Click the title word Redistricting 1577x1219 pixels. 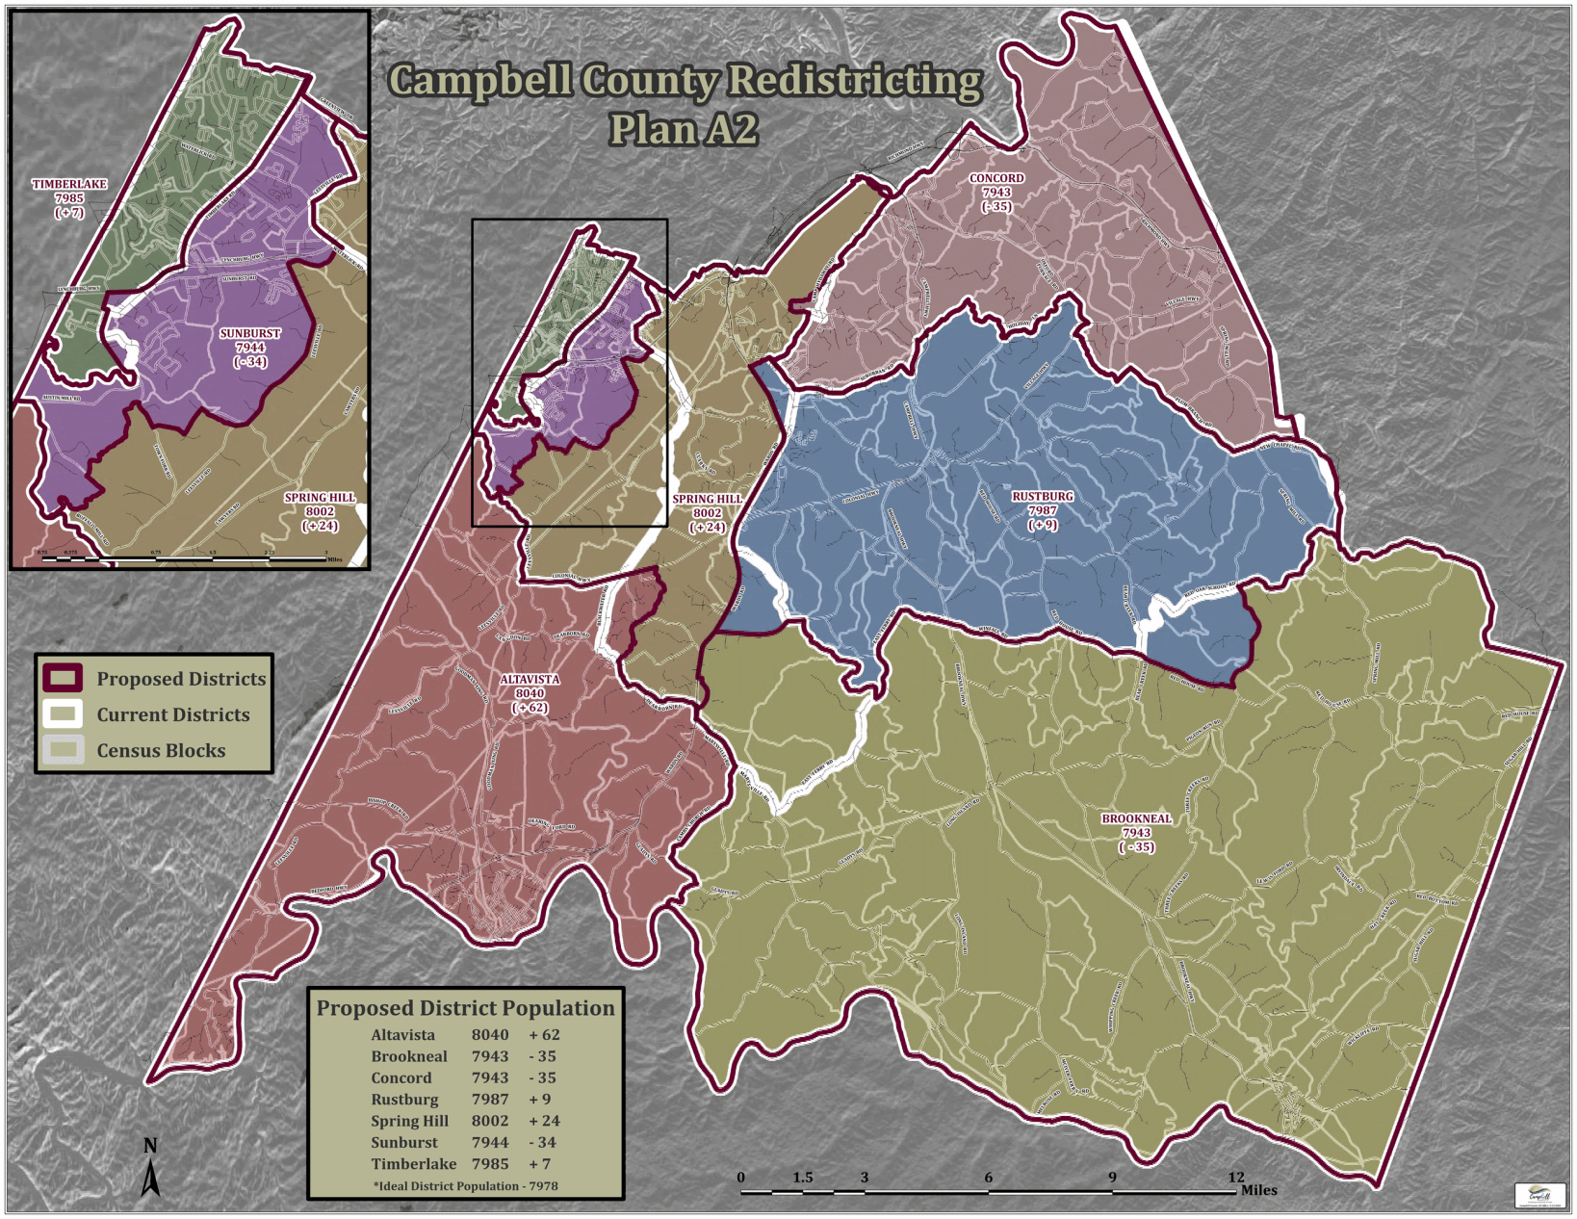(x=855, y=81)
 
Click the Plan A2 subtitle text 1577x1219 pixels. (x=683, y=130)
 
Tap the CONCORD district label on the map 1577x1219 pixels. (x=996, y=179)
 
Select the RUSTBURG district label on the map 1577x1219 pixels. (x=1042, y=498)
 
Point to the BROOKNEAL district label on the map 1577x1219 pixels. (x=1136, y=819)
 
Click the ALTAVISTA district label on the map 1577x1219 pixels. (x=530, y=680)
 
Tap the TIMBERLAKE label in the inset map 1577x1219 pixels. (x=69, y=185)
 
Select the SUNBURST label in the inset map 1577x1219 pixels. (x=250, y=334)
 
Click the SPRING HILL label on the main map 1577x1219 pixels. (x=708, y=500)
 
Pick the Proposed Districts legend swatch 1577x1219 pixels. (x=64, y=679)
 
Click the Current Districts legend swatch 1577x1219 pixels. (x=64, y=714)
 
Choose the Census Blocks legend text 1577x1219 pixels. (x=161, y=751)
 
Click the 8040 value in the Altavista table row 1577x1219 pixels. (x=490, y=1035)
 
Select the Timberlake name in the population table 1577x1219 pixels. (x=414, y=1164)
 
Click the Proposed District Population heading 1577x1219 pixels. (x=465, y=1008)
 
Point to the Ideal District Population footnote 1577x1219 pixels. (x=466, y=1186)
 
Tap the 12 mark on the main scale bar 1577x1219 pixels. (x=1236, y=1178)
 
